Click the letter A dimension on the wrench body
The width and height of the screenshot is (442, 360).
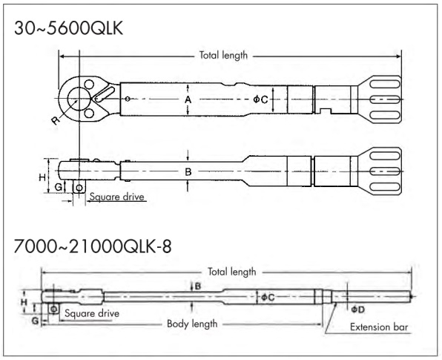[188, 99]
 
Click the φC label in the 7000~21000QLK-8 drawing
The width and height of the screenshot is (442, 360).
[268, 297]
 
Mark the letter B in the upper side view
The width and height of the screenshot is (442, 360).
[188, 171]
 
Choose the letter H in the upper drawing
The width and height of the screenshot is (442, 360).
[42, 177]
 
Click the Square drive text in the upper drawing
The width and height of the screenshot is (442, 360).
[116, 197]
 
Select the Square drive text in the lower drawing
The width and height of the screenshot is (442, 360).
[91, 312]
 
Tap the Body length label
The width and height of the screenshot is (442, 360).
[191, 324]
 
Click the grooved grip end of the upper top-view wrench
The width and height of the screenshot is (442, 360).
[381, 99]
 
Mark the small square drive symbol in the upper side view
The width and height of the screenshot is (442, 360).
[79, 187]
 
